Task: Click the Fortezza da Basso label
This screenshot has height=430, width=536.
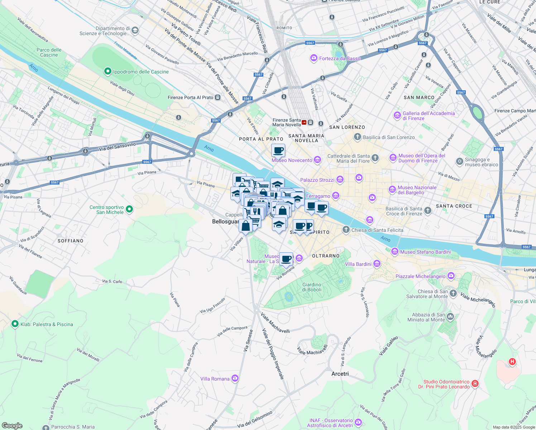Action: (x=340, y=58)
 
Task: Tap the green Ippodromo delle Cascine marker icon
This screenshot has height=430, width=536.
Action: (x=107, y=72)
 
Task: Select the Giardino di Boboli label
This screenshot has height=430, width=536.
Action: (x=312, y=287)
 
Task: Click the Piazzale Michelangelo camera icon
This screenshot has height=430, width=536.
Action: (x=451, y=276)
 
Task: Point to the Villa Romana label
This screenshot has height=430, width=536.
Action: (x=215, y=379)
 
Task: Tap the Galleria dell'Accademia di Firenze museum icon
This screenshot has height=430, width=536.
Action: (x=397, y=115)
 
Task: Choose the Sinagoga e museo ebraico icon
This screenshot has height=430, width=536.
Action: (x=459, y=162)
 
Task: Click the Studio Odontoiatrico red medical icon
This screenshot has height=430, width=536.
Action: (x=475, y=384)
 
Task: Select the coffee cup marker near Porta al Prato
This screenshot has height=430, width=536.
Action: (x=278, y=150)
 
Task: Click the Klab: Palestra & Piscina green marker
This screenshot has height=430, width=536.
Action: (x=15, y=324)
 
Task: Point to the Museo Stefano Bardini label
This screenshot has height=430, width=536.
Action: (x=425, y=252)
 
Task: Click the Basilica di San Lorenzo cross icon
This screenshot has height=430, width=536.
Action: (x=357, y=137)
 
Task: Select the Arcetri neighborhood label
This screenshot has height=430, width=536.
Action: (x=340, y=374)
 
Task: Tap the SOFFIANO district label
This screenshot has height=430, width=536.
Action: (x=71, y=241)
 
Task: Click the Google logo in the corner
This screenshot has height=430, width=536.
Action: (x=12, y=425)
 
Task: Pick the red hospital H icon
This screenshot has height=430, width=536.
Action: (x=512, y=362)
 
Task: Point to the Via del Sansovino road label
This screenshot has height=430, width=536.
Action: (x=117, y=146)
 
